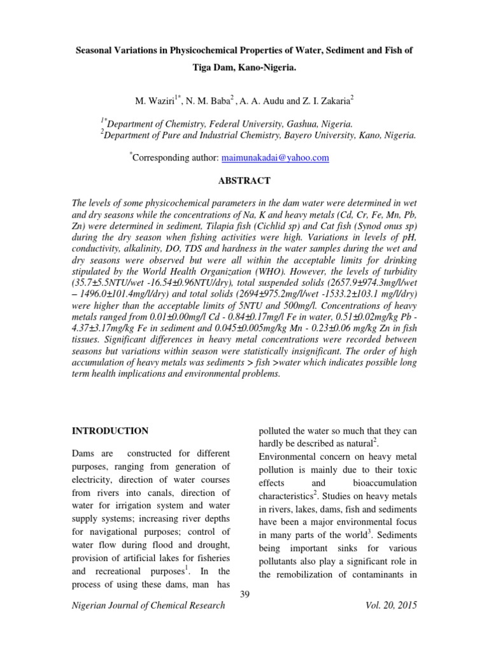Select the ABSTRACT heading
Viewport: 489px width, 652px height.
click(244, 181)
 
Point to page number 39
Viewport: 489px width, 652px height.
click(244, 594)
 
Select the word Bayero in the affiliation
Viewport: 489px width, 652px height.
click(304, 135)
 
